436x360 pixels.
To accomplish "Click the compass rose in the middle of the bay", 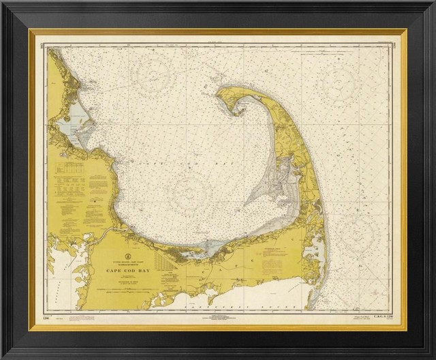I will pos(190,192).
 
